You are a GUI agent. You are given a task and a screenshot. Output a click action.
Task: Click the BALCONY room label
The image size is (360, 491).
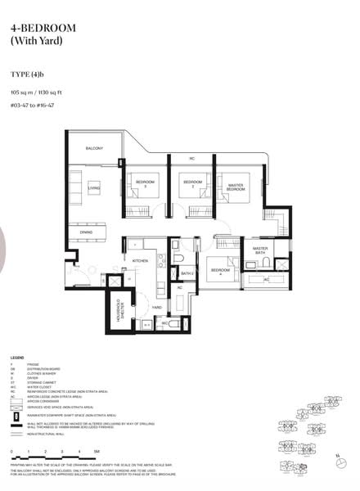[94, 147]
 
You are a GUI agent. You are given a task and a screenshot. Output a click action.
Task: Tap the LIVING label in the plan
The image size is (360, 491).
[94, 187]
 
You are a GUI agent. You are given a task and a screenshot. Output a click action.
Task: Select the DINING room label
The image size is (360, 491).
[86, 232]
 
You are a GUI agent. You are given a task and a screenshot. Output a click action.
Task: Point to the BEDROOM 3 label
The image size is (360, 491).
[146, 182]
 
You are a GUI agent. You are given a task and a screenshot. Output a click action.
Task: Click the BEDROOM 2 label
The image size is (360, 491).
[192, 182]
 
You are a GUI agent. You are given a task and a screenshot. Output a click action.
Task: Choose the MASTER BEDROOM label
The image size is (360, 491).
[236, 187]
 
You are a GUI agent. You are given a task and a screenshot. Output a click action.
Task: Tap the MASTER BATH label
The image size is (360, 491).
[261, 250]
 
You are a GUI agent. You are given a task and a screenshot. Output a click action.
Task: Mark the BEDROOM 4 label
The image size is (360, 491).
[219, 271]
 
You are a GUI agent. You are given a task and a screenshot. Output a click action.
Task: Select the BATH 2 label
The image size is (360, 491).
[187, 274]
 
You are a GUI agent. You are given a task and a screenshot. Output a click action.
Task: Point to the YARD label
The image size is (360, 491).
[155, 308]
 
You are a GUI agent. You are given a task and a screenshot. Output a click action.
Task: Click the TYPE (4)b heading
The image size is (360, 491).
[27, 72]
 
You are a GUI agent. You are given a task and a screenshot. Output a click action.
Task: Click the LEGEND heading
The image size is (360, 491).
[17, 358]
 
